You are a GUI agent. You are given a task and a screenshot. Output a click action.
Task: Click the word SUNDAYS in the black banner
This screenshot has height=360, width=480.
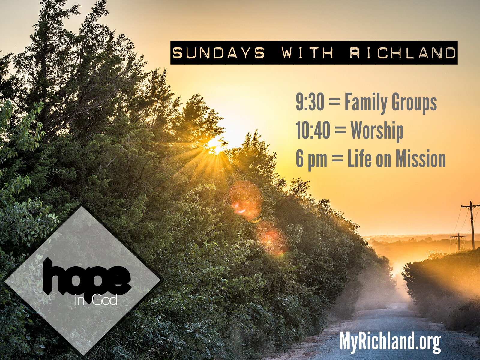pos(218,53)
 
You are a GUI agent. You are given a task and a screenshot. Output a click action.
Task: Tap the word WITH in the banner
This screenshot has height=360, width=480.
pos(307,53)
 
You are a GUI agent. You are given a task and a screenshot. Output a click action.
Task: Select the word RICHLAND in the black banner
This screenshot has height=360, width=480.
pos(403,53)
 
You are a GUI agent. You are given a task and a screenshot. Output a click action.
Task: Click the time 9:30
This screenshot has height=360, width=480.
pos(310,102)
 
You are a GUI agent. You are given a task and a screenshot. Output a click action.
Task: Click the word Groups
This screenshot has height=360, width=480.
pos(414,103)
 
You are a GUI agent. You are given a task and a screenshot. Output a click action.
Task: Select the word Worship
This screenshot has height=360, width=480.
pos(377,131)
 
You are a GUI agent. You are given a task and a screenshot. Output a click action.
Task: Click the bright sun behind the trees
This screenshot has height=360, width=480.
pos(215,144)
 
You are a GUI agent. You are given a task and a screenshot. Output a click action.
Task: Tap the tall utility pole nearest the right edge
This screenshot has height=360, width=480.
pos(472,225)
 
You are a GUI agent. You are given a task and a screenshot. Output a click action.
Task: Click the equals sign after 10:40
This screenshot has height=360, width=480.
pos(340,131)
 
